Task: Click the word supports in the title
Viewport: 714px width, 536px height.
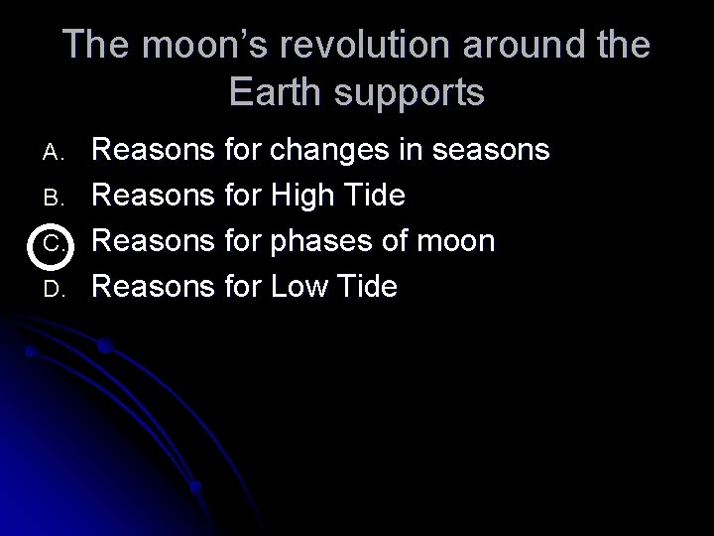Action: (x=419, y=92)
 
